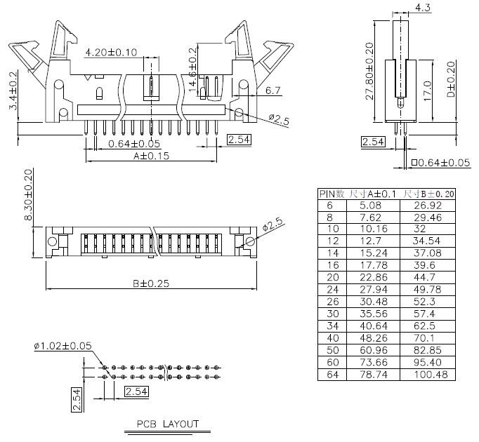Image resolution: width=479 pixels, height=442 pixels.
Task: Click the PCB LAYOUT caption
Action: tap(167, 424)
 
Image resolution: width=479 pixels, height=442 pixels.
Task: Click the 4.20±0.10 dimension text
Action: tap(111, 53)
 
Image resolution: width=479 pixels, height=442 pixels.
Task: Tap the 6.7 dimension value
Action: tap(273, 91)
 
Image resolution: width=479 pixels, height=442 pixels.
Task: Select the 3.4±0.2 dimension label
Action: tap(12, 91)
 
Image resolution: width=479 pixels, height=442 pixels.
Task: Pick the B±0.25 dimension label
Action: tap(150, 283)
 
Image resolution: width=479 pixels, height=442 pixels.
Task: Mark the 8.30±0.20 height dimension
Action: tap(29, 195)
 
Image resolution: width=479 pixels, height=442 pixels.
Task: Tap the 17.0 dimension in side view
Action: tap(427, 90)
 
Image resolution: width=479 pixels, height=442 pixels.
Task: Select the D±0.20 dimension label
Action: tap(450, 79)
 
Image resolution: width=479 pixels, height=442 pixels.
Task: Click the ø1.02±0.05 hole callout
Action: tap(63, 346)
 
